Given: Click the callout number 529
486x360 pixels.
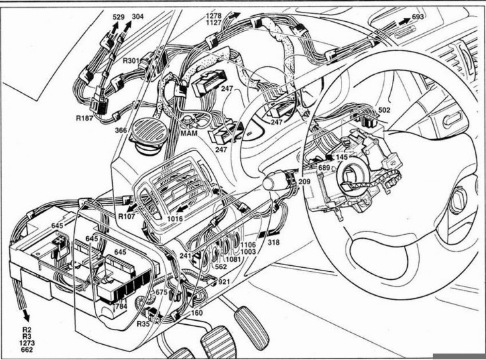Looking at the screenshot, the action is (119, 17).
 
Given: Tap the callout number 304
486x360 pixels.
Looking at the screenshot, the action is (138, 17).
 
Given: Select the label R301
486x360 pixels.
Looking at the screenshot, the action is (131, 60).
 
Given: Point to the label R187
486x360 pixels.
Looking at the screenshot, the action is (85, 118).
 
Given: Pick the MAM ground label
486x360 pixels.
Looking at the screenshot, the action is (189, 133).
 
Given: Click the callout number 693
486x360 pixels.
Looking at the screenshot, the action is (418, 17).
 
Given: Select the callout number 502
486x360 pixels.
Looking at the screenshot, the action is (384, 110).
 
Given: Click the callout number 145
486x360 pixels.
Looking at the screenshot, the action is (341, 157).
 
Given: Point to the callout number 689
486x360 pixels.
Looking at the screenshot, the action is (324, 168).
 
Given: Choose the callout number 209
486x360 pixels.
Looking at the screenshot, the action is (304, 182).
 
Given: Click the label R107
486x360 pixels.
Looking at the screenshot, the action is (127, 216).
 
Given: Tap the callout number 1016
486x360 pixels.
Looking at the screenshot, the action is (175, 218).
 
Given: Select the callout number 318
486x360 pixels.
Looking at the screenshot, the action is (274, 242).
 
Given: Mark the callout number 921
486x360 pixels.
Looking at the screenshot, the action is (224, 282).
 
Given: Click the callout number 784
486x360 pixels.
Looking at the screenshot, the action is (121, 307).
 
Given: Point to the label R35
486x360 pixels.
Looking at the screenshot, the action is (143, 324).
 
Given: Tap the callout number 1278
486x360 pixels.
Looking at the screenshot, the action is (214, 16).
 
